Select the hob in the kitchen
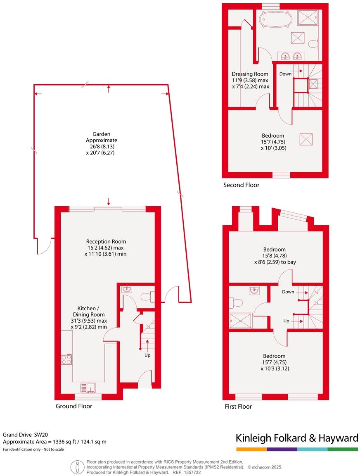point(66,359)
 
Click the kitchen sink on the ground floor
point(88,388)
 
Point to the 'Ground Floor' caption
point(74,406)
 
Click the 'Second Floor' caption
point(242,185)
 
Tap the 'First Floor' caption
point(238,407)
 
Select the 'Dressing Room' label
point(250,74)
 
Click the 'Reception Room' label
point(106,242)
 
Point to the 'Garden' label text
point(102,134)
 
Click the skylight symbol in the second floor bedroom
point(306,139)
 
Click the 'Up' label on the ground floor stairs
point(147,355)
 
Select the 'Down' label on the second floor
point(285,74)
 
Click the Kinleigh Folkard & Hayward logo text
point(297,438)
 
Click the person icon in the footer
point(77,467)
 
